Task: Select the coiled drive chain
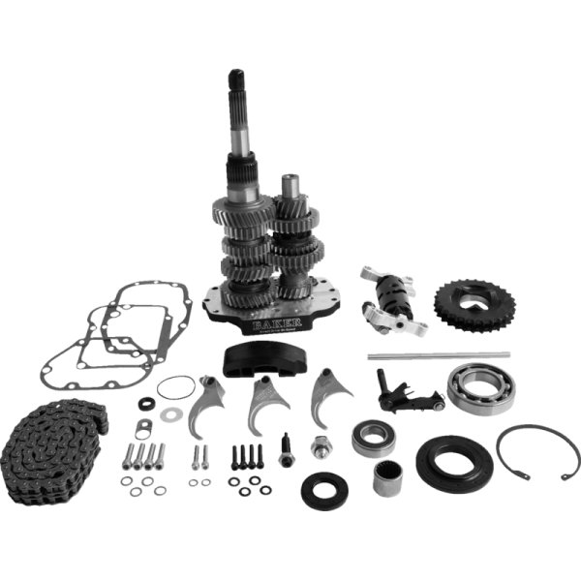(x=47, y=442)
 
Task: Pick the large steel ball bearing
(x=482, y=387)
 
